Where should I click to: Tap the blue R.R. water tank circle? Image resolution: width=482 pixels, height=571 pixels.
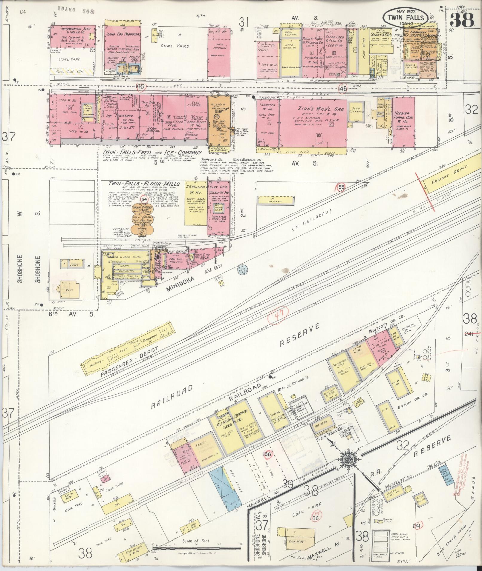[241, 269]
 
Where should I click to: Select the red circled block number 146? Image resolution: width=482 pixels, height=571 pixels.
[343, 88]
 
